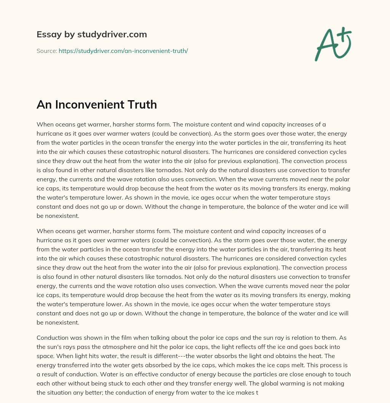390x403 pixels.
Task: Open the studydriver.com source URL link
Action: [x=123, y=51]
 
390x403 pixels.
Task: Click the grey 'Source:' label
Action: [x=46, y=51]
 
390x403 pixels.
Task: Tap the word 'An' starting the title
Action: [x=44, y=105]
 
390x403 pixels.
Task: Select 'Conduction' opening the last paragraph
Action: [x=53, y=337]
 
